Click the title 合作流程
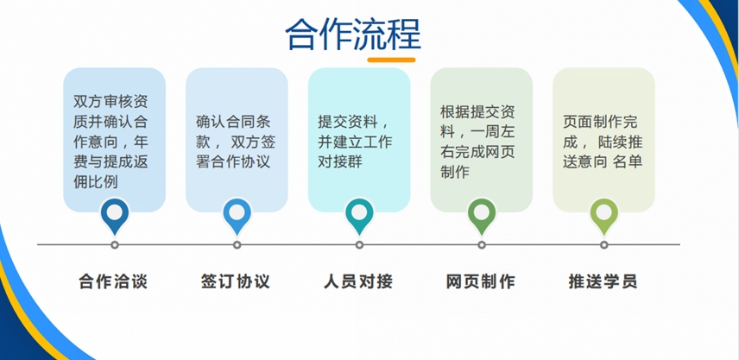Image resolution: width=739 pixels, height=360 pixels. (x=353, y=35)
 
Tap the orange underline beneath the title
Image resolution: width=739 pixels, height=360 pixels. (x=391, y=60)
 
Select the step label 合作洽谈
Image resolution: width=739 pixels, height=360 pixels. (x=113, y=281)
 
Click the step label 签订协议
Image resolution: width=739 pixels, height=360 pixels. (x=236, y=281)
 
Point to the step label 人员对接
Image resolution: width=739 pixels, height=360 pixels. (x=358, y=281)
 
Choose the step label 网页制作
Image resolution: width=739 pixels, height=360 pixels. (x=481, y=281)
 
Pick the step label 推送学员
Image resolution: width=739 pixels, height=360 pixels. (x=603, y=281)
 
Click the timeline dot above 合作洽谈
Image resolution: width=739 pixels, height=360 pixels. (x=115, y=245)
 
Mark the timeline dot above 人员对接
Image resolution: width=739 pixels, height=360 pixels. (x=359, y=245)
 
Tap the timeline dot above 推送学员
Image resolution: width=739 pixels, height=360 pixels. (x=604, y=245)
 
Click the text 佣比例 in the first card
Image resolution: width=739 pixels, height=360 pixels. (x=96, y=182)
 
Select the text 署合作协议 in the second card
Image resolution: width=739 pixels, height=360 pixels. (x=233, y=161)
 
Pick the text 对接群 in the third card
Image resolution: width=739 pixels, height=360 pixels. (x=340, y=161)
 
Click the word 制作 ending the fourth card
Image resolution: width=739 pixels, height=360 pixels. (x=455, y=172)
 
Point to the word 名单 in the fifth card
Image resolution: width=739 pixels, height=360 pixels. (x=628, y=161)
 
